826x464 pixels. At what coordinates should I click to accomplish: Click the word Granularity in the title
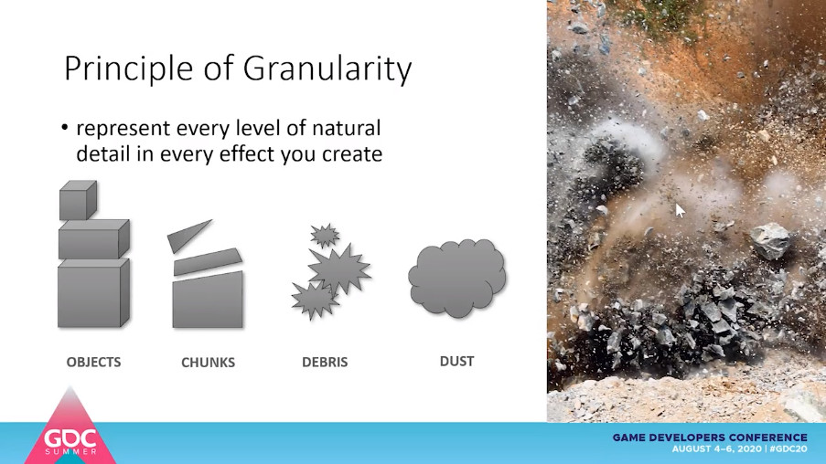327,69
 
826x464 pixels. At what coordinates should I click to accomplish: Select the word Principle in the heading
129,69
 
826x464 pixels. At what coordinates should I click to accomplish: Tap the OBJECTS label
94,362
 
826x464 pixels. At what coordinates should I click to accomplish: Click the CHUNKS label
208,363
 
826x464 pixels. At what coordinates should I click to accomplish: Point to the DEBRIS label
325,362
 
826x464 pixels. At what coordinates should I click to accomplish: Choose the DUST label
456,361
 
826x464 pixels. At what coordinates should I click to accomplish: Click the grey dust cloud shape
456,279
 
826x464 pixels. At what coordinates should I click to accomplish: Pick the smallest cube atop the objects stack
78,200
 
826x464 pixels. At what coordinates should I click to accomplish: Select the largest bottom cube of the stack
93,292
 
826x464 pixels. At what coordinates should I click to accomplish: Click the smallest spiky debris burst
325,235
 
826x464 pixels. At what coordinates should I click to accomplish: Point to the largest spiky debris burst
339,269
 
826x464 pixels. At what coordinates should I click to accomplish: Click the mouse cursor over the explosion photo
680,210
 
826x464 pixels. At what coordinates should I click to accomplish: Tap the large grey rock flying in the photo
770,240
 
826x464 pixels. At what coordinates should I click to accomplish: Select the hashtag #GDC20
788,448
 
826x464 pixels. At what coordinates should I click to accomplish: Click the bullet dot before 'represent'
64,128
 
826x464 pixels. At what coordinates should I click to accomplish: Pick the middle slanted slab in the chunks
208,261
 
